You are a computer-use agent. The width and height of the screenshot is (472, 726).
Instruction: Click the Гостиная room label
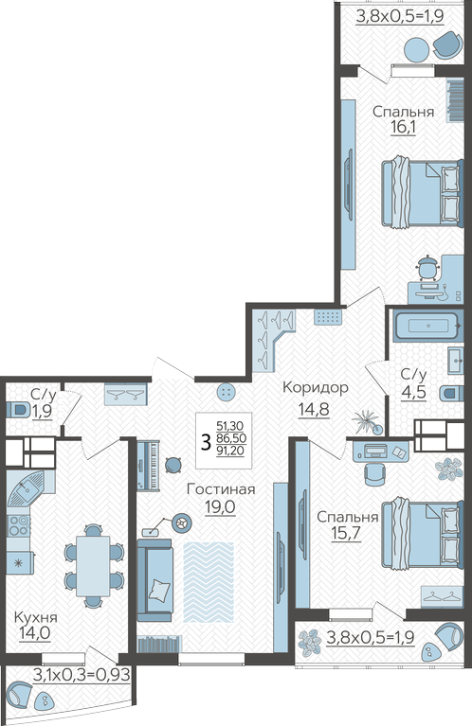point(221,489)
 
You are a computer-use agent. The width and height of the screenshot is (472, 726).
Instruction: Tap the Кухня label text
point(36,617)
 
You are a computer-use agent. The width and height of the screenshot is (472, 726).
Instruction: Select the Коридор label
point(316,387)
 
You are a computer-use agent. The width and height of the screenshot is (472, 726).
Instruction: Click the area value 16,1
point(403,128)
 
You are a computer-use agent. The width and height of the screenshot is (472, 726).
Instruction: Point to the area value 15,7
point(346,534)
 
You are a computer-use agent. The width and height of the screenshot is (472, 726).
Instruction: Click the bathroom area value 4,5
point(413,393)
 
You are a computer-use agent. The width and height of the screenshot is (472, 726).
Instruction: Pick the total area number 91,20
point(230,451)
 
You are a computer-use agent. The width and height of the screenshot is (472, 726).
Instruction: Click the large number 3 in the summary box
point(206,442)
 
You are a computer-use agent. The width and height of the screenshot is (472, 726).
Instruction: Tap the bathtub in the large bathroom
point(427,326)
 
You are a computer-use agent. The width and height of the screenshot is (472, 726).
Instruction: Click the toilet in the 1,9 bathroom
point(17,410)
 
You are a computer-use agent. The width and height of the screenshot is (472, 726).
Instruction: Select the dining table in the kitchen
point(93,566)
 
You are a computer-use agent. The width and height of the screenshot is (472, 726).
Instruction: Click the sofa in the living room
point(155,579)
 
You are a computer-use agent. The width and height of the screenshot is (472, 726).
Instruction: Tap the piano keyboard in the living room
point(149,465)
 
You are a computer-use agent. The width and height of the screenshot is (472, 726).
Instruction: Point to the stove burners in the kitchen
point(19,526)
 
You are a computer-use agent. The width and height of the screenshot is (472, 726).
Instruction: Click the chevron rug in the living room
point(209,581)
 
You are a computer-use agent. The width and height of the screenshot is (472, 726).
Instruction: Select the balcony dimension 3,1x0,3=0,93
point(82,675)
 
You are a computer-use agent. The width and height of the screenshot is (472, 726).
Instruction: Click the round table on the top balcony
point(417,49)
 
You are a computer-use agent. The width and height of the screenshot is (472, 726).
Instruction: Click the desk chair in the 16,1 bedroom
point(428,268)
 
